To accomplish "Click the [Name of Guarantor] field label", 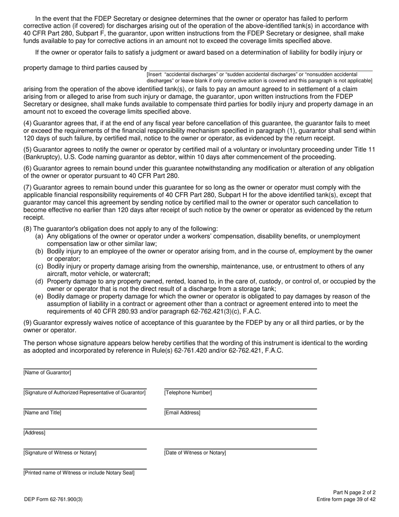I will tap(47, 373).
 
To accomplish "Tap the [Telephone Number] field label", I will tap(188, 393).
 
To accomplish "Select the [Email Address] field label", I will tap(182, 413).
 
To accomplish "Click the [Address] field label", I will tap(34, 433).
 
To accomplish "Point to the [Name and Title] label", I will tap(42, 413).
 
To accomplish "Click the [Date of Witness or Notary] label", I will tap(195, 453).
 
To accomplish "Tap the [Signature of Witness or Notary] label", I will tap(60, 453).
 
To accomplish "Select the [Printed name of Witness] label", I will tap(79, 473).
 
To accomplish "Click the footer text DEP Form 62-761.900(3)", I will tap(53, 499).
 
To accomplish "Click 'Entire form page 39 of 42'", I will tap(346, 499).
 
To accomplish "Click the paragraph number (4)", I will tap(27, 123).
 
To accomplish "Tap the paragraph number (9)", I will tap(27, 323).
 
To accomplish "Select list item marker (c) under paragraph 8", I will tap(39, 266).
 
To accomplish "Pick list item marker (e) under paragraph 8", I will tap(39, 296).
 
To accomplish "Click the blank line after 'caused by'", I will tap(260, 68).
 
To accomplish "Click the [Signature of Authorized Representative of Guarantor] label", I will tap(84, 393).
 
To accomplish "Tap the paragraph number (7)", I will tap(27, 187).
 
